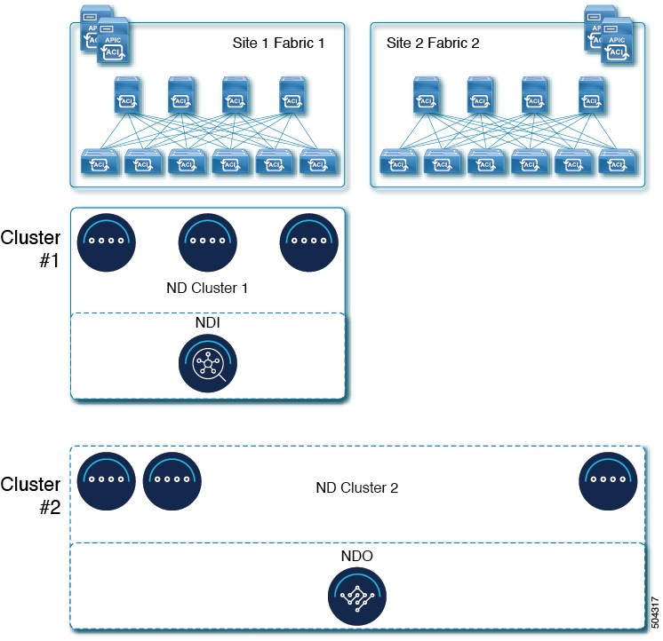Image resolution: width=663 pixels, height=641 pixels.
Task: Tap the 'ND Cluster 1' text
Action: click(205, 288)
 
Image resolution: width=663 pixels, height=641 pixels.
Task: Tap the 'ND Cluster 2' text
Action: click(356, 487)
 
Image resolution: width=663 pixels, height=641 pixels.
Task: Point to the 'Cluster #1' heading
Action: click(31, 250)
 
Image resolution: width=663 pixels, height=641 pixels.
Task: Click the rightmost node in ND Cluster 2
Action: click(608, 479)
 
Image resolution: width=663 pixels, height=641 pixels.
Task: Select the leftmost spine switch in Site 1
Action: click(127, 95)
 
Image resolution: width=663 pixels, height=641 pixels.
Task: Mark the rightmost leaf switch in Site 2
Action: click(614, 163)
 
